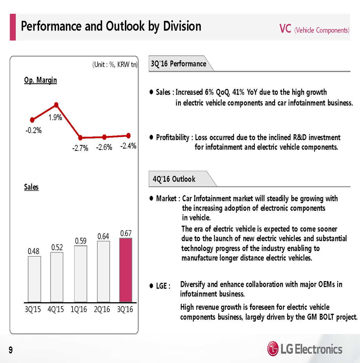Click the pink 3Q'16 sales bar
126,270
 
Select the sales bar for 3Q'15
34,279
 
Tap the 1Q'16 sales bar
80,273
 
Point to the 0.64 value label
103,236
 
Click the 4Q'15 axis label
56,309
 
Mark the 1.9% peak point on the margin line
56,105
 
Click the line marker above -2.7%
80,138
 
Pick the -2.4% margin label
128,146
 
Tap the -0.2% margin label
34,130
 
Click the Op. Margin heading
41,80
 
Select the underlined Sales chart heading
31,187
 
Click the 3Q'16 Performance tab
178,64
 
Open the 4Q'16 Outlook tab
174,179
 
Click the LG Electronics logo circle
273,349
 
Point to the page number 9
11,350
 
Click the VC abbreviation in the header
285,29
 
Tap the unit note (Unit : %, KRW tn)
115,64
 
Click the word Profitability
173,138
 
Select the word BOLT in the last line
326,317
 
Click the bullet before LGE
151,286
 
